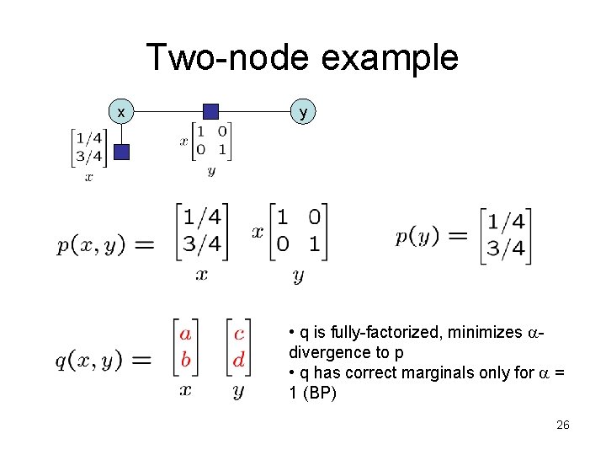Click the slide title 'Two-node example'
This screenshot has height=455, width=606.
point(302,58)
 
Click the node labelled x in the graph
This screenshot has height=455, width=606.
point(122,110)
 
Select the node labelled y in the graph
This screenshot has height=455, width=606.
point(303,110)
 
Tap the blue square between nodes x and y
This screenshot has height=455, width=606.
point(211,110)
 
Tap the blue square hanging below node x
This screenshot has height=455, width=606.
point(122,152)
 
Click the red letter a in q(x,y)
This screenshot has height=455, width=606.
point(185,334)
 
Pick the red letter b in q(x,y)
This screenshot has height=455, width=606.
point(185,360)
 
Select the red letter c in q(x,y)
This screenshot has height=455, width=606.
point(239,334)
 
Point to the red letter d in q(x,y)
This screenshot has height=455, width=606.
point(239,360)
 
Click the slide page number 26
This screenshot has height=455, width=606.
point(563,426)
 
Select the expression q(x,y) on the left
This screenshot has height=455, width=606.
point(90,360)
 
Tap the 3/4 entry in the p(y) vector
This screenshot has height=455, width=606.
point(506,249)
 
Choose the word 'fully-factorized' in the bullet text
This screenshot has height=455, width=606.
point(391,333)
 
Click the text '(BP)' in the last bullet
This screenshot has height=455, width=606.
point(319,393)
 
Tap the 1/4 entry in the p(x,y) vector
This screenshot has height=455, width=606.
point(202,218)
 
